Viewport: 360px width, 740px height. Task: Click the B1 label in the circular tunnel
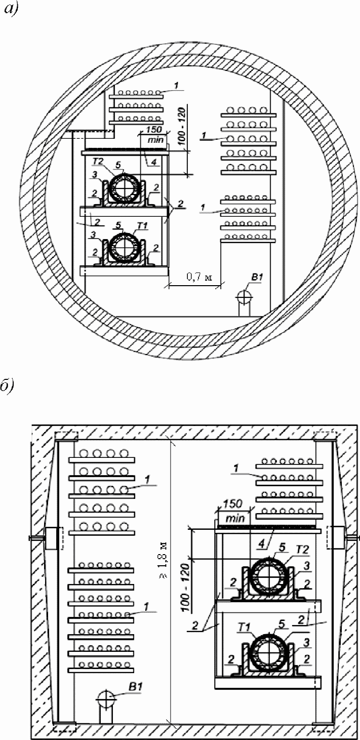[257, 277]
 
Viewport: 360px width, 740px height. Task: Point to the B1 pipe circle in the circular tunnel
[244, 296]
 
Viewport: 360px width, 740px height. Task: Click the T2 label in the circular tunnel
[98, 162]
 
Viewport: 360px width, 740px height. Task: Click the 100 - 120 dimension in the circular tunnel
[182, 127]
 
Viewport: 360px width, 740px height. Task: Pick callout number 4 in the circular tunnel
[154, 162]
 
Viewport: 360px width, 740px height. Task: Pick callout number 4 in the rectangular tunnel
[262, 544]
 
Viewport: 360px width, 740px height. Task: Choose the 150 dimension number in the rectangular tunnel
[232, 504]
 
